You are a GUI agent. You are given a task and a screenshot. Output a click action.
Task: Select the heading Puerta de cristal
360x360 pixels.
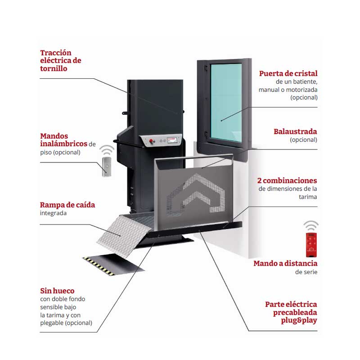[x=288, y=73]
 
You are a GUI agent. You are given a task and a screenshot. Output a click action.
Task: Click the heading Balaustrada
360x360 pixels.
[x=295, y=132]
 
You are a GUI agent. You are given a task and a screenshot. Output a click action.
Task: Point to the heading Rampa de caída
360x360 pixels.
[x=67, y=205]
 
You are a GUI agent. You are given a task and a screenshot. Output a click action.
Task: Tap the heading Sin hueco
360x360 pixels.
[x=57, y=291]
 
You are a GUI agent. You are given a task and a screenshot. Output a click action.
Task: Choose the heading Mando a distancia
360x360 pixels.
[x=285, y=263]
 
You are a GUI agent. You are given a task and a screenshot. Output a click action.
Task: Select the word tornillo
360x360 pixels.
[x=54, y=69]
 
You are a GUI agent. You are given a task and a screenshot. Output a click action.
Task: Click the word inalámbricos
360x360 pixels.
[x=63, y=144]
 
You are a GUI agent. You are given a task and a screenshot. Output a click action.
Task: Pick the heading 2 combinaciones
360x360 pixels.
[x=287, y=180]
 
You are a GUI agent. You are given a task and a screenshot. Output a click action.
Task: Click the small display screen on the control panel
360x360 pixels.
[x=173, y=141]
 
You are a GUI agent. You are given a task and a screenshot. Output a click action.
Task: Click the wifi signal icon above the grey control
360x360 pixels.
[x=107, y=149]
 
